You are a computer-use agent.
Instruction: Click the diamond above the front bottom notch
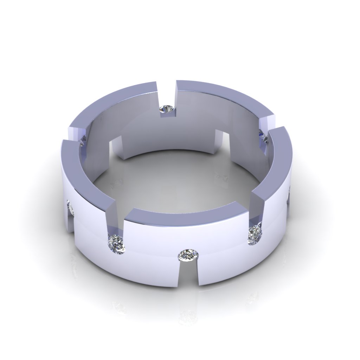click(x=189, y=255)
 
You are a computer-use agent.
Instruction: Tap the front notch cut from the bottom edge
click(x=189, y=273)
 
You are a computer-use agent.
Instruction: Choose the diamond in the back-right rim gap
click(x=263, y=135)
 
